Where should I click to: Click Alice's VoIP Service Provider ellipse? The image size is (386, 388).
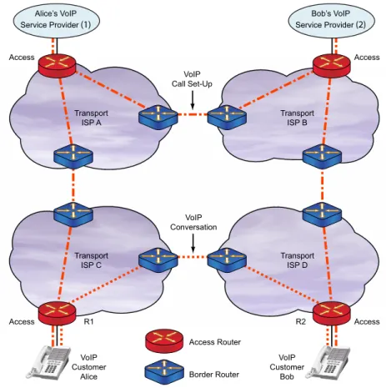[56, 20]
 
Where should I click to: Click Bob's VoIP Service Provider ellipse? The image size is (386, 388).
[331, 20]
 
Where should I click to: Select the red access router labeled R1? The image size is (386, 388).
[57, 313]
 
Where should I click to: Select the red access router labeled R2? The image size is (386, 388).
[331, 313]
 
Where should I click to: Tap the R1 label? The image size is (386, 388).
[88, 321]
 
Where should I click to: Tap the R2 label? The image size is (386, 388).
[300, 321]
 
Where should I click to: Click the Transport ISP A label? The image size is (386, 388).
[91, 118]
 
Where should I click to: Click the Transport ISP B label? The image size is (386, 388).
[298, 118]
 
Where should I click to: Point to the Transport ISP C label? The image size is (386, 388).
[91, 260]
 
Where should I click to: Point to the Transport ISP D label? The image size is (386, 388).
[298, 260]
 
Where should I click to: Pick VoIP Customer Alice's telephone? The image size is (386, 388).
[48, 362]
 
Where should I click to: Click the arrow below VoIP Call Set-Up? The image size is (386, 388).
[193, 100]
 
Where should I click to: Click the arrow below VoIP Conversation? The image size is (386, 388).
[193, 243]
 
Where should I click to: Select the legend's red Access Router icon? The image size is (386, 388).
[164, 340]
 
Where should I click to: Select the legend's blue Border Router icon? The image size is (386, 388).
[164, 374]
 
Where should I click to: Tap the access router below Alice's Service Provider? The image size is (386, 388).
[57, 66]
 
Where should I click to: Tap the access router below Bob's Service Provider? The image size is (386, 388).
[331, 66]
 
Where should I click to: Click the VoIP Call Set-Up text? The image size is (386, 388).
[192, 79]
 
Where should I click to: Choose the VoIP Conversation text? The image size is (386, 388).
[193, 223]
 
